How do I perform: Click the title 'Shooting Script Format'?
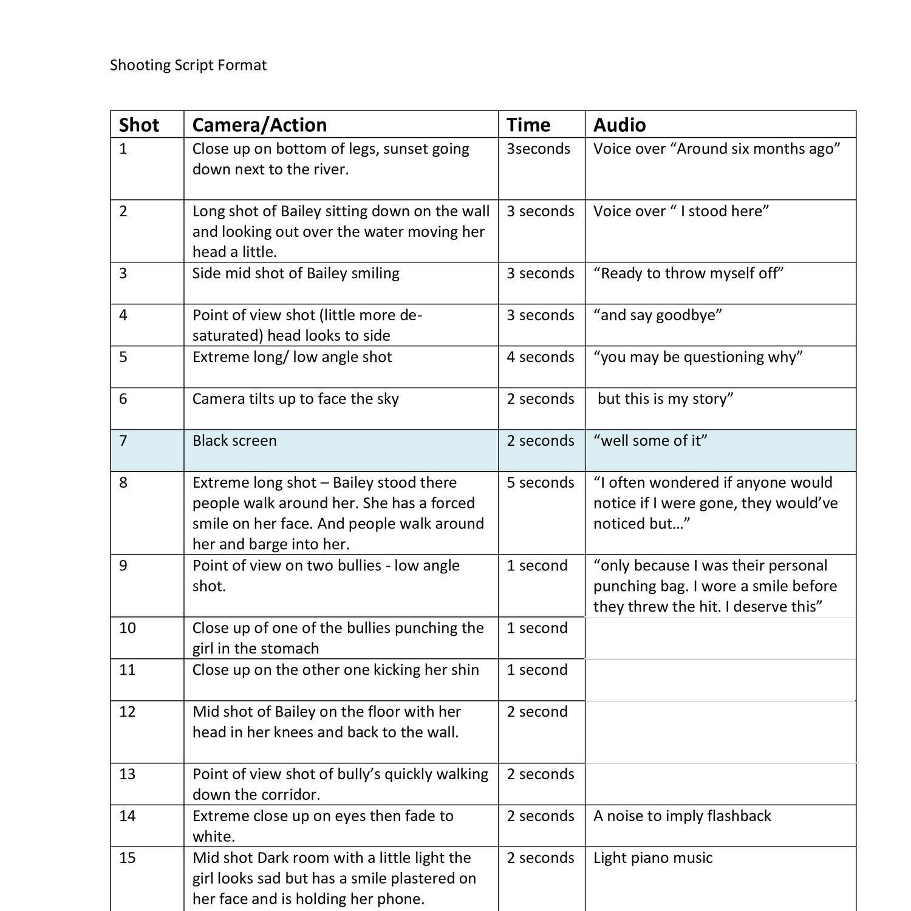188,65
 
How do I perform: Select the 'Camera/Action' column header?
259,125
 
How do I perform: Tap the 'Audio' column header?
619,125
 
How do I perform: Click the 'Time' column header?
528,125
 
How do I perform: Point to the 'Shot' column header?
138,125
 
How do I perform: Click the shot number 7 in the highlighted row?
123,440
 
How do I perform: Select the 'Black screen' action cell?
234,440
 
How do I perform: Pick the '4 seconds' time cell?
541,357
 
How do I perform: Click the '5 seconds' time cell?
541,482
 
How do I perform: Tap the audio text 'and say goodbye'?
658,315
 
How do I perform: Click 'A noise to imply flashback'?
682,816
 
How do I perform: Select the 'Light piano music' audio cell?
653,858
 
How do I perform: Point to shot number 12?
128,711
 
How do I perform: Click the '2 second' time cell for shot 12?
537,711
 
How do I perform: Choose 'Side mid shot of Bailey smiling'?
296,273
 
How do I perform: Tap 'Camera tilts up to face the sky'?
296,398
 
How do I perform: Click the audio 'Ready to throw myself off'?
689,273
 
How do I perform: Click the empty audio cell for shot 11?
720,680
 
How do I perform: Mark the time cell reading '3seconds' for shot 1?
539,149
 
